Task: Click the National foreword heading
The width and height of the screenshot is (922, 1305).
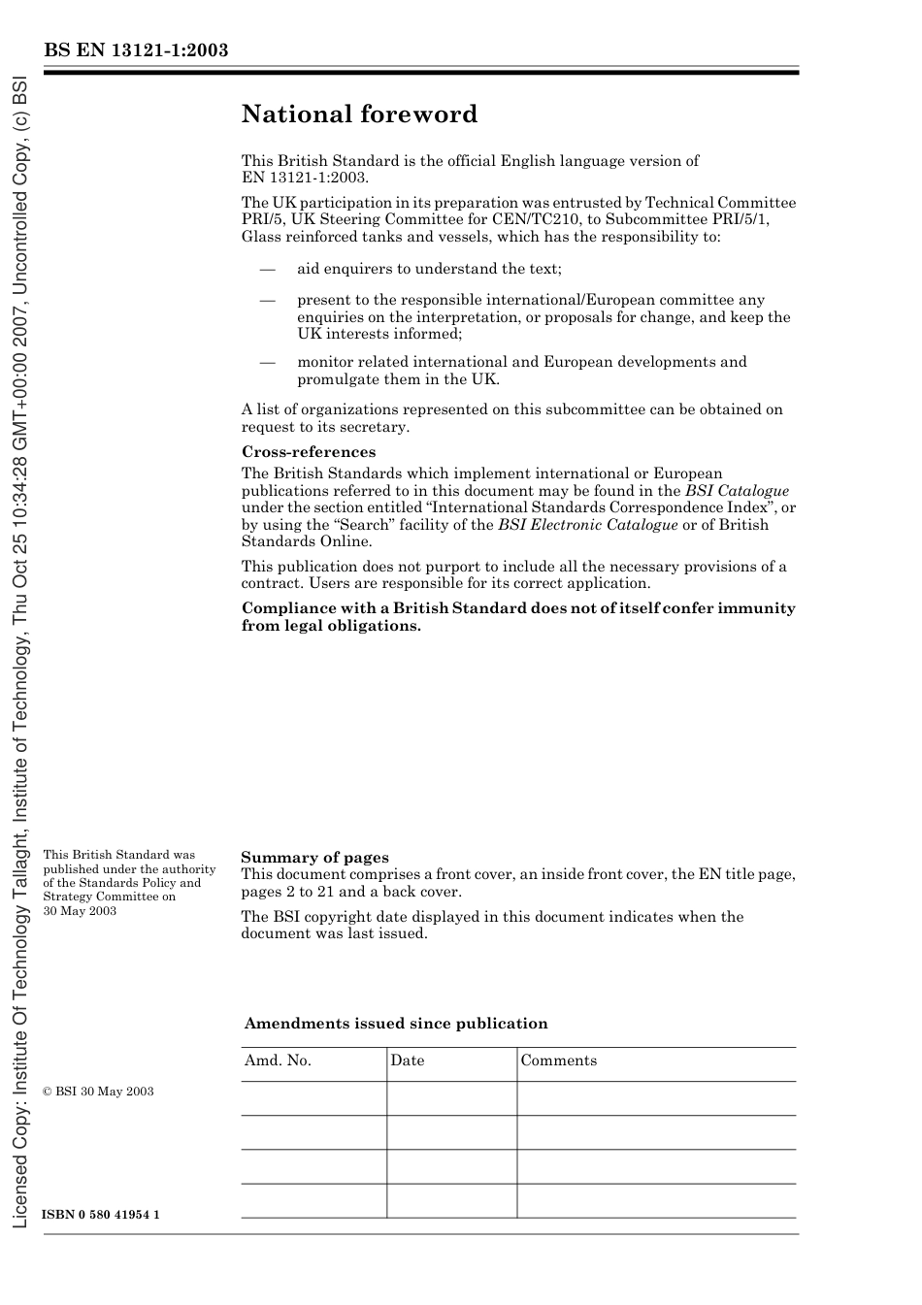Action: [359, 114]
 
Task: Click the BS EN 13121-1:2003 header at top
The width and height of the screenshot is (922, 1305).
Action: [136, 50]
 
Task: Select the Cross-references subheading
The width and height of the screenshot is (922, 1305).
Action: [308, 452]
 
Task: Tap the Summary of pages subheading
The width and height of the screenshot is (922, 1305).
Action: [314, 858]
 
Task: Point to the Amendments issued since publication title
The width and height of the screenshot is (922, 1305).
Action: [396, 1024]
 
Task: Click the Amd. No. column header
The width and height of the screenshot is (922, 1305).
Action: [278, 1060]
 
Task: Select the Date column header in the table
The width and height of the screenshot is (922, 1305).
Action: [408, 1060]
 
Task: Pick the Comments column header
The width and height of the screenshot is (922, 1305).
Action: [558, 1060]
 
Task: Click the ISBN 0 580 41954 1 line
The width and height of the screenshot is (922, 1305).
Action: [101, 1216]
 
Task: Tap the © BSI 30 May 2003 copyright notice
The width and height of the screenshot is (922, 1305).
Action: [98, 1092]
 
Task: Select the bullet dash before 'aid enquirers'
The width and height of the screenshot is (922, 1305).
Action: [268, 269]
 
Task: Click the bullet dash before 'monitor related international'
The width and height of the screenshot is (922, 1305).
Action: [268, 362]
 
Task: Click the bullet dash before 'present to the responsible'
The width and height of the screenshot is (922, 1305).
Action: [268, 301]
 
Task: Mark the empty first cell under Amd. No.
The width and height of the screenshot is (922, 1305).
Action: [313, 1098]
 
